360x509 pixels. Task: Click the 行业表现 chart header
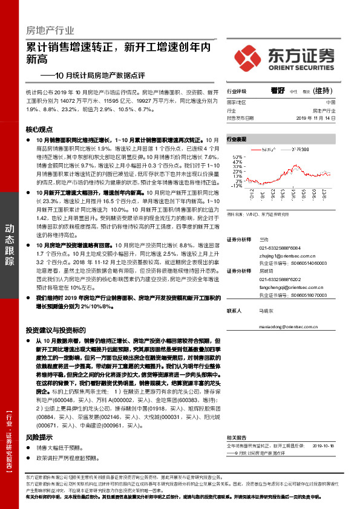pyautogui.click(x=237, y=139)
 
